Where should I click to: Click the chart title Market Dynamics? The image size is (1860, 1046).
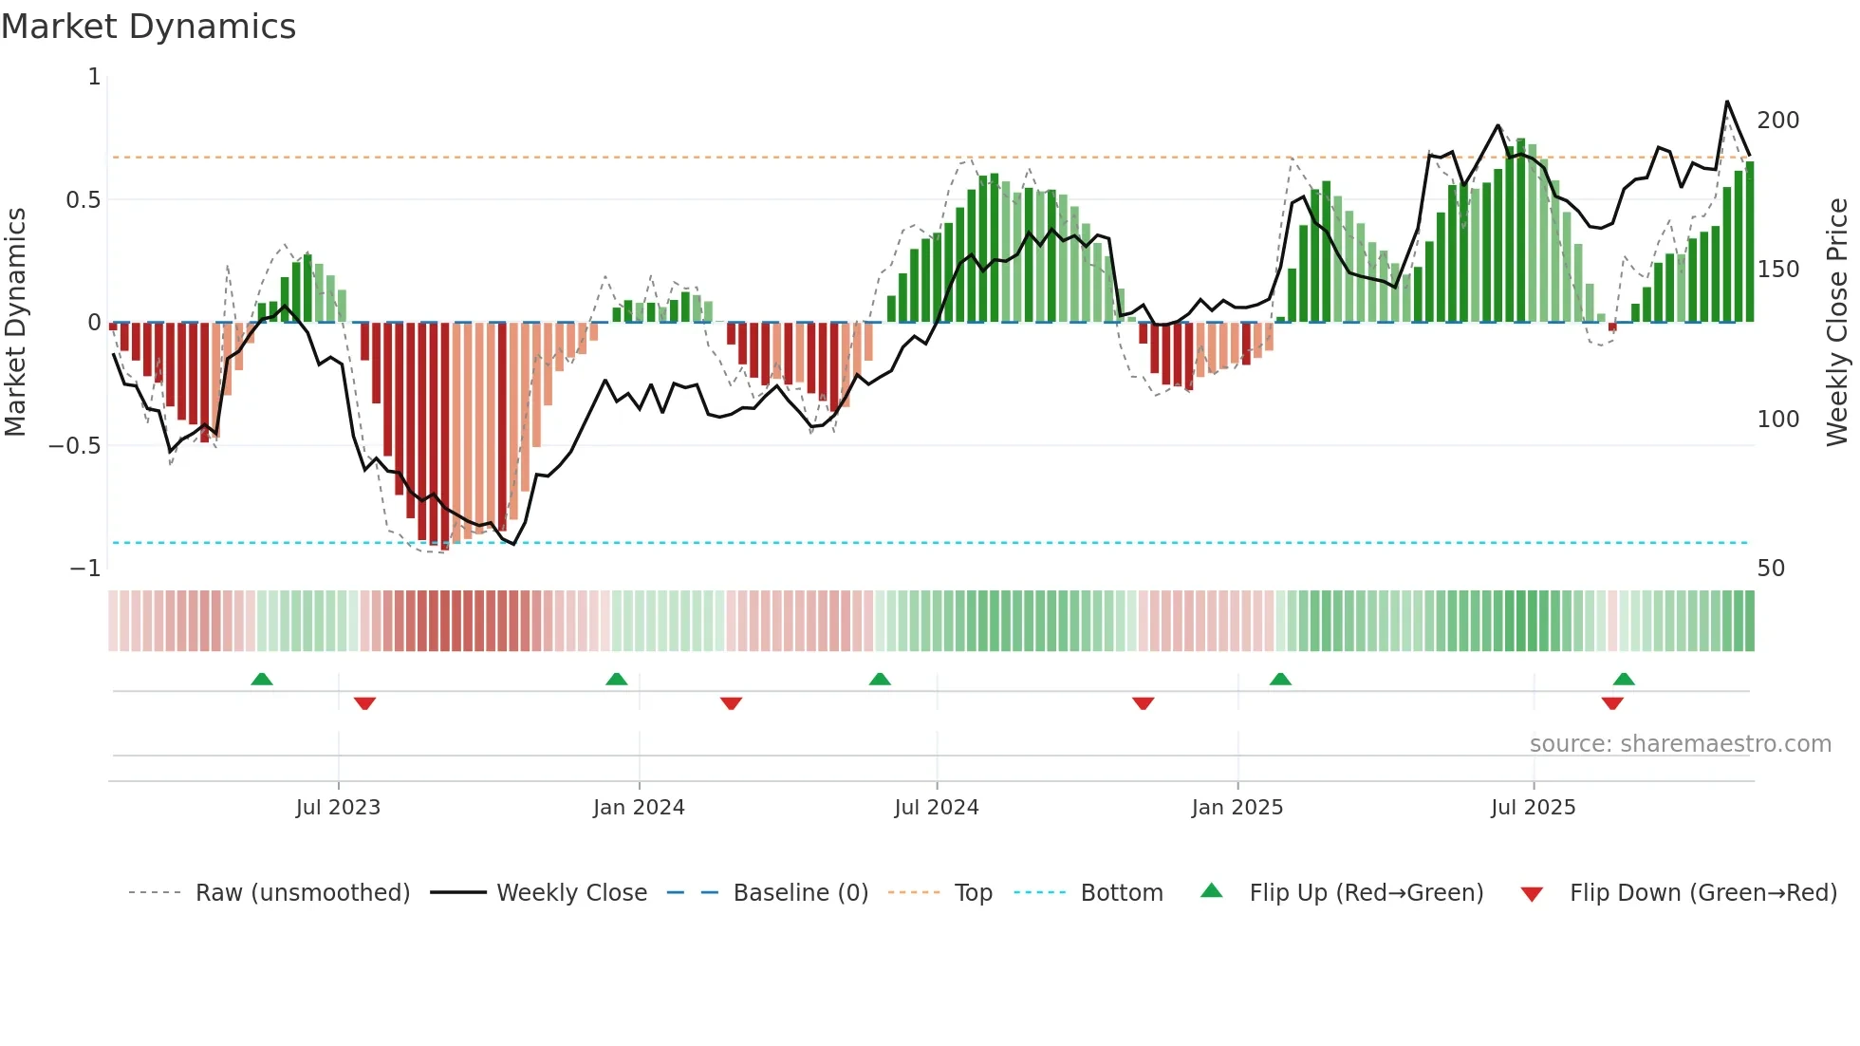(x=148, y=27)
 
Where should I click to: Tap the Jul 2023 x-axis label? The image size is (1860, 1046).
(x=338, y=808)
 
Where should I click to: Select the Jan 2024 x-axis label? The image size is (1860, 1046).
(x=639, y=808)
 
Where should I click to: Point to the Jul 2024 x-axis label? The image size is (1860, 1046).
(x=936, y=808)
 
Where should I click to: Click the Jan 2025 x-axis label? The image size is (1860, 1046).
(x=1237, y=808)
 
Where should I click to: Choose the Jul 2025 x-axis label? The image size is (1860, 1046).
(x=1533, y=808)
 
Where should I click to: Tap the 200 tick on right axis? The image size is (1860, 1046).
(x=1777, y=121)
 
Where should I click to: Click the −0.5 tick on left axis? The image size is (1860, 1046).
(x=74, y=446)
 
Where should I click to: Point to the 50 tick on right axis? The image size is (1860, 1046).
(x=1771, y=569)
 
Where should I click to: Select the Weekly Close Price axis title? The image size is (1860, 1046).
(x=1837, y=323)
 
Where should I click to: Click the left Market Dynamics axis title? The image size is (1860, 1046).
(x=15, y=323)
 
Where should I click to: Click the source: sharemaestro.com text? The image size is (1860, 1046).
(x=1680, y=744)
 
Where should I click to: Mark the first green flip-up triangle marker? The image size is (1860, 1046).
(x=262, y=679)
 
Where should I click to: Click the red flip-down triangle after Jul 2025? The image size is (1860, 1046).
(x=1612, y=703)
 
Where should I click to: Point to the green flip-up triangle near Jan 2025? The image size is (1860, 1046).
(x=1280, y=679)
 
